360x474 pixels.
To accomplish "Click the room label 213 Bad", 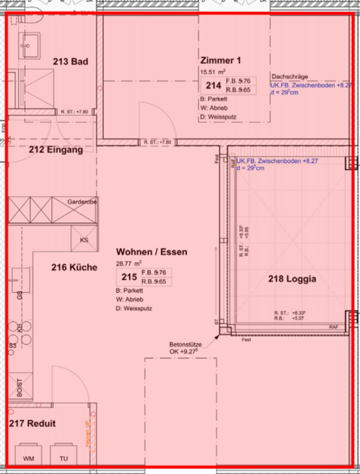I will coord(69,62).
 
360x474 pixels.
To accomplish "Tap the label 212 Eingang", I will coord(56,150).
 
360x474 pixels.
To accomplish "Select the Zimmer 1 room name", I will coord(220,61).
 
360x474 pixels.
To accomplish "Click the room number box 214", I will coord(213,85).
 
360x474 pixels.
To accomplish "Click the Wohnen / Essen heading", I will coord(151,252).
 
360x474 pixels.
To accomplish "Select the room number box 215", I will coord(129,276).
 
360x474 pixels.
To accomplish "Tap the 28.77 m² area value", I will coord(128,263).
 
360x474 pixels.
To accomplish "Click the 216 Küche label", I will coord(74,267).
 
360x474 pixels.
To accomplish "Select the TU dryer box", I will coord(63,457).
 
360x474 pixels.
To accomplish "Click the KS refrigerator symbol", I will coord(84,240).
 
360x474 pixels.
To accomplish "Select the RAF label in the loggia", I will coord(333,326).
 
